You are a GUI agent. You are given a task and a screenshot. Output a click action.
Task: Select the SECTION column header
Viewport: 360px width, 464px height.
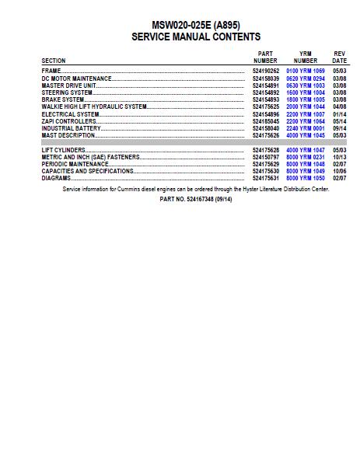click(54, 61)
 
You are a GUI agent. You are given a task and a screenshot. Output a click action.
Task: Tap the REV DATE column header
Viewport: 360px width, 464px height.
click(339, 57)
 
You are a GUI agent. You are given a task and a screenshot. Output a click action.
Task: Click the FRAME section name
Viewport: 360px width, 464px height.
click(51, 71)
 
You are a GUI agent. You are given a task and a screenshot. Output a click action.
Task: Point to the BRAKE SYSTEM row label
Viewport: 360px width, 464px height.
click(63, 99)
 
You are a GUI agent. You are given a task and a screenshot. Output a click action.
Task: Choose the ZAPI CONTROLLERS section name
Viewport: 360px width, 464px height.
click(69, 121)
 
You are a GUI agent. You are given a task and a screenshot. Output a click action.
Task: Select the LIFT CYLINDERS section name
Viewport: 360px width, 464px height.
click(63, 150)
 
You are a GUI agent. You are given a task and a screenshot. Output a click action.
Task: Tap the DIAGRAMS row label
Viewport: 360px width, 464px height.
click(56, 178)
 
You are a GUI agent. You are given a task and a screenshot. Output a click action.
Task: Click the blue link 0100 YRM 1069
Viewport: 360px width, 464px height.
click(305, 71)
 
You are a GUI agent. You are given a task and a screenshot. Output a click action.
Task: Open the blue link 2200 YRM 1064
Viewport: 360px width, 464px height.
click(305, 121)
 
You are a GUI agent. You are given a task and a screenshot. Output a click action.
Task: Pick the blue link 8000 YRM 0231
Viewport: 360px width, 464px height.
click(305, 157)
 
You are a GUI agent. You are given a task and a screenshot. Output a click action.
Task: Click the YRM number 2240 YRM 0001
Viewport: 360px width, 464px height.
click(305, 128)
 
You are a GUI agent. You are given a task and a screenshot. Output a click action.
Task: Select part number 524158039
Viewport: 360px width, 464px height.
click(265, 78)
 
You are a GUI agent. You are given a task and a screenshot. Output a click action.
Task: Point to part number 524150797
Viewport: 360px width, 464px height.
click(265, 157)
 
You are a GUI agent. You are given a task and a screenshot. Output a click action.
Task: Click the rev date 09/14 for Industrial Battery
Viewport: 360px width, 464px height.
click(339, 128)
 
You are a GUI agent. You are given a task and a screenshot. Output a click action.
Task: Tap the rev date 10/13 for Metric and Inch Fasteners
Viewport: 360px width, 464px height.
click(339, 157)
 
